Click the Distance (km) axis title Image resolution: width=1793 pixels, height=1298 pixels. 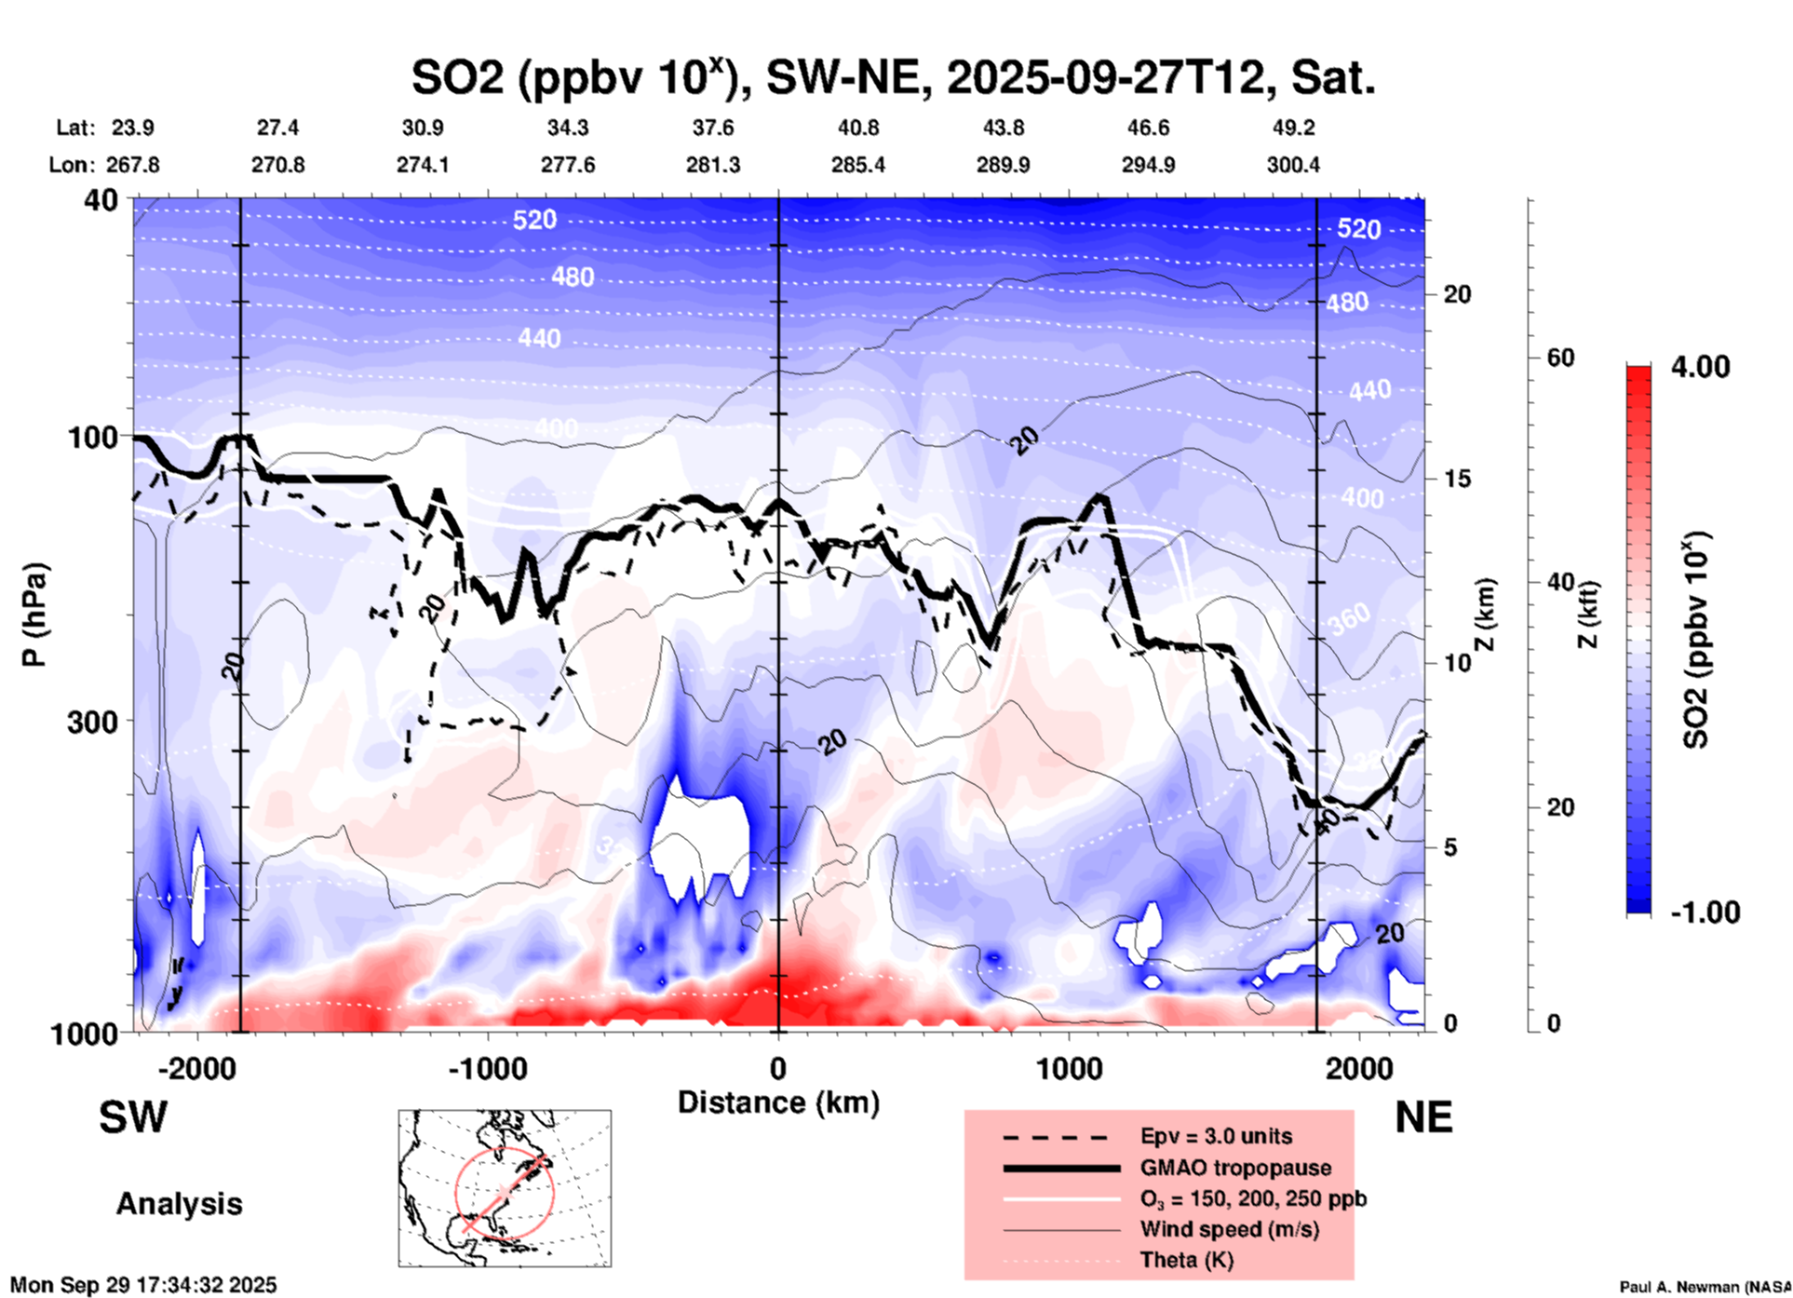coord(778,1102)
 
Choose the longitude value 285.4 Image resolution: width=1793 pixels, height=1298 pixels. coord(857,165)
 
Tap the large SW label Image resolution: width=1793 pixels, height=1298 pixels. coord(133,1117)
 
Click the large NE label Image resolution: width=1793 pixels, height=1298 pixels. coord(1423,1117)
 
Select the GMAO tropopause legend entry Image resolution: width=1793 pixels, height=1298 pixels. coord(1235,1168)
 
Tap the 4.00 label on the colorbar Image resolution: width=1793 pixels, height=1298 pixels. coord(1700,367)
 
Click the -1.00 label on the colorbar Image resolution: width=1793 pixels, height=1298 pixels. coord(1705,912)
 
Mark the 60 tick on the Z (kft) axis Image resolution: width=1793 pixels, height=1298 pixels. coord(1560,358)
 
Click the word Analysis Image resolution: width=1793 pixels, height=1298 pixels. coord(179,1204)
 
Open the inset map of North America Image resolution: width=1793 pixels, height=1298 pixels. coord(505,1187)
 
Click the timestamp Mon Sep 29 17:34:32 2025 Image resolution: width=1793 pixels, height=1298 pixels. coord(143,1285)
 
